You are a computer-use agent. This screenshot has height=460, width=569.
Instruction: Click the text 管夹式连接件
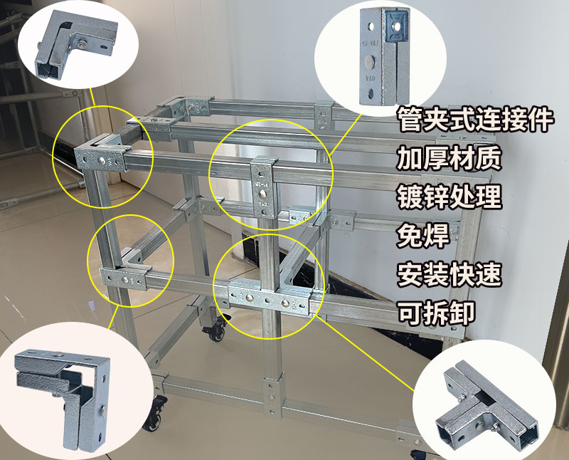click(475, 119)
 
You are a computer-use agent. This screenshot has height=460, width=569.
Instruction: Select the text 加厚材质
click(449, 157)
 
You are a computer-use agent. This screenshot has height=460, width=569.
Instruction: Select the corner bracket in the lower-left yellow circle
click(125, 273)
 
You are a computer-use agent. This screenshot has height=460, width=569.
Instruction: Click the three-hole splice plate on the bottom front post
click(270, 399)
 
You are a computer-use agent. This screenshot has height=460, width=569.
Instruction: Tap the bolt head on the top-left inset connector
click(85, 44)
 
